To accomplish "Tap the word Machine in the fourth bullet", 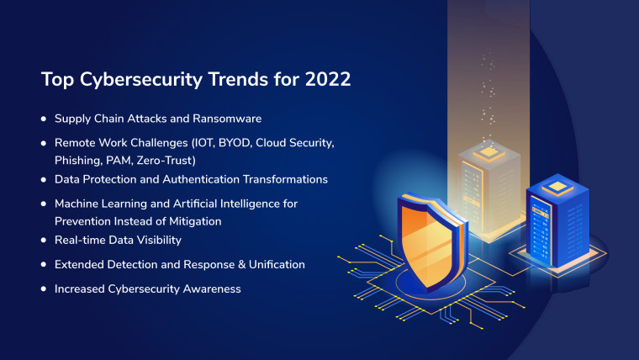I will [77, 204].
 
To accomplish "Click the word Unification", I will [273, 265].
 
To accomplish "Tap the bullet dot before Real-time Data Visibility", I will [44, 241].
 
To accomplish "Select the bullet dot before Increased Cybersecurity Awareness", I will [44, 289].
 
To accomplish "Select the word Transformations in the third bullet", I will [286, 180].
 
